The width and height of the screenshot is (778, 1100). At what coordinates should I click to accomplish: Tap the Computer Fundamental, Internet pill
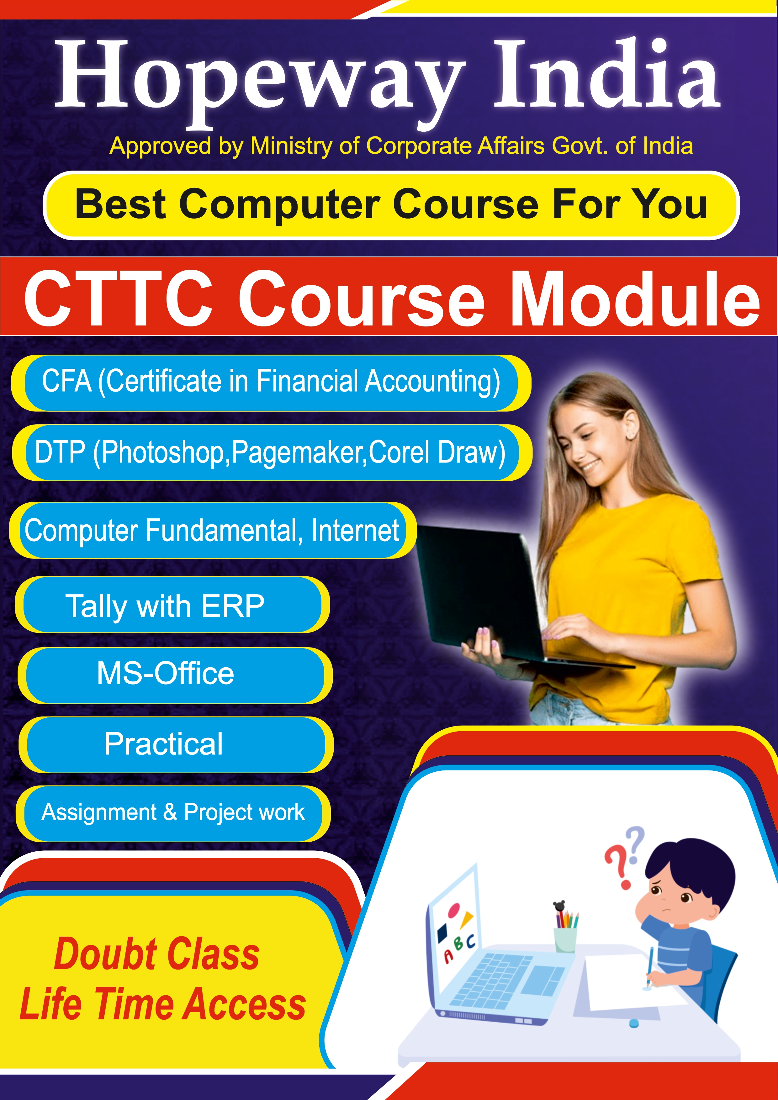pyautogui.click(x=213, y=530)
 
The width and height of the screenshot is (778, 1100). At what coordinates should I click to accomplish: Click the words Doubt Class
pyautogui.click(x=157, y=955)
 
